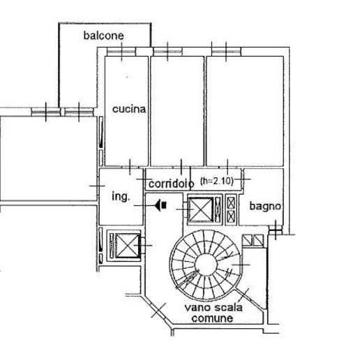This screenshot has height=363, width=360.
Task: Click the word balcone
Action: [x=103, y=36]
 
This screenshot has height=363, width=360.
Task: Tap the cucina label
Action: [x=129, y=109]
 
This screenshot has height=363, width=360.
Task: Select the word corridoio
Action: [x=171, y=184]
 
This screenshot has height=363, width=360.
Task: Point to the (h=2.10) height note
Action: [x=217, y=181]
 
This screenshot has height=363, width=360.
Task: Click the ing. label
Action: [x=121, y=197]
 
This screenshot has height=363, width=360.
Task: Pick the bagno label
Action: [x=265, y=206]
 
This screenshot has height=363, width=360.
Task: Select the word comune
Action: [x=212, y=318]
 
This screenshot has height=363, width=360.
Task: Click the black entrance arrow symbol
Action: [x=161, y=205]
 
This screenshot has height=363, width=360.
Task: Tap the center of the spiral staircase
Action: [x=206, y=265]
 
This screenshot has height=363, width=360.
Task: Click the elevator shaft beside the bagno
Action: [x=201, y=209]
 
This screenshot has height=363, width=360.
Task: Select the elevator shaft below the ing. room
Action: [x=128, y=246]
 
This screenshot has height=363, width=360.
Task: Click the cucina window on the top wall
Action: [x=121, y=52]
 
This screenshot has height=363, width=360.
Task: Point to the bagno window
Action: [x=276, y=230]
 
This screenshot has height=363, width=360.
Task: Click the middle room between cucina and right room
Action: [x=177, y=111]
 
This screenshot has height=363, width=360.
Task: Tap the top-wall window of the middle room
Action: [x=168, y=52]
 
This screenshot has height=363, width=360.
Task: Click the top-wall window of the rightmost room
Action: [x=226, y=52]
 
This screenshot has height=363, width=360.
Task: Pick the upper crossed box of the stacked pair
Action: [x=231, y=202]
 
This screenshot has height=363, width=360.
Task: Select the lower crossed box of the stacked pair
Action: [x=231, y=216]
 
